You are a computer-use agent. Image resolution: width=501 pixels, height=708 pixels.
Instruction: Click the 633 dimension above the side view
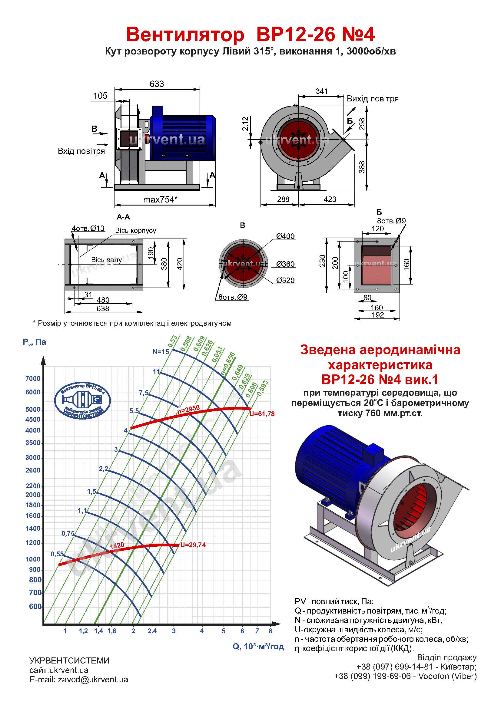(x=157, y=84)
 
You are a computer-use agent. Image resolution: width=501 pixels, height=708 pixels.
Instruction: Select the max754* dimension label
(x=161, y=199)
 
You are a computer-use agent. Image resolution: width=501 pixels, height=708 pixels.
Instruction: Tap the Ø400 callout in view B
(x=285, y=236)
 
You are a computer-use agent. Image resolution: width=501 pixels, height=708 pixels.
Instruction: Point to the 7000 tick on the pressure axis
(x=33, y=379)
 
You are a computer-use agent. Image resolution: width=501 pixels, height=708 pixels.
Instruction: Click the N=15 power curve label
(x=161, y=352)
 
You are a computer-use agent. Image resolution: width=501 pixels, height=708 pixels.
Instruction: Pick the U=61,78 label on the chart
(x=262, y=414)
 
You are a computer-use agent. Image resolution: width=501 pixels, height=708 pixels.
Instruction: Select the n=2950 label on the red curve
(x=188, y=409)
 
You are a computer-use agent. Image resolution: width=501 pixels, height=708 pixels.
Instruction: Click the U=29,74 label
(x=193, y=545)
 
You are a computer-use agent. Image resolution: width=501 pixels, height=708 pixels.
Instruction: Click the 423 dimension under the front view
(x=330, y=199)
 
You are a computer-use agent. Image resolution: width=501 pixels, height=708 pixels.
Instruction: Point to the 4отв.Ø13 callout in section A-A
(x=88, y=229)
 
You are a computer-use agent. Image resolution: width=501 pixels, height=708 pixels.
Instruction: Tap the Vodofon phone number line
(x=405, y=676)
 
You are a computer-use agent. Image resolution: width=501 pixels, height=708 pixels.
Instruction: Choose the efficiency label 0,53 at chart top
(x=173, y=341)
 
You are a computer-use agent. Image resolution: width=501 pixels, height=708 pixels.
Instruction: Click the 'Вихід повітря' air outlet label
(x=373, y=99)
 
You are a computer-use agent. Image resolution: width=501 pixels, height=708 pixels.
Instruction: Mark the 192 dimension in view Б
(x=378, y=315)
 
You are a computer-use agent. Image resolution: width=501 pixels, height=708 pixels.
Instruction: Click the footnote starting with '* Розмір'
(x=132, y=323)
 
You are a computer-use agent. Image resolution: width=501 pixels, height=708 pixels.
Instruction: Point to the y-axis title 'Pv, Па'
(x=35, y=342)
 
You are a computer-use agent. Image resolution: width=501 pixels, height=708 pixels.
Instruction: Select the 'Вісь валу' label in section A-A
(x=106, y=260)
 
